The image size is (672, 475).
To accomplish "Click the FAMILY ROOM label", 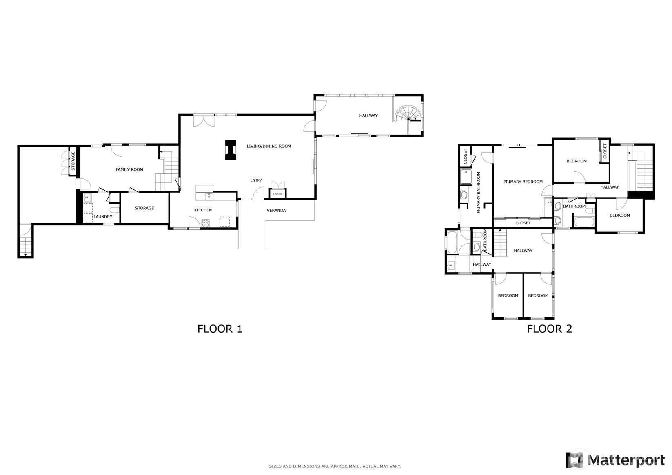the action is pyautogui.click(x=129, y=169).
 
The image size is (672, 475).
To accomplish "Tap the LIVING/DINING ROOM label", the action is pyautogui.click(x=269, y=146).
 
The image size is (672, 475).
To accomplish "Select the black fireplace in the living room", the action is pyautogui.click(x=231, y=150).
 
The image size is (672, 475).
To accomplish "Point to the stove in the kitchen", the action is pyautogui.click(x=206, y=223).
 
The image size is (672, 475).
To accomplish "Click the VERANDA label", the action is pyautogui.click(x=276, y=211).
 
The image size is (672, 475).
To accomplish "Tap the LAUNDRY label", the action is pyautogui.click(x=102, y=217).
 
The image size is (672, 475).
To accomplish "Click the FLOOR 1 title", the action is pyautogui.click(x=220, y=329).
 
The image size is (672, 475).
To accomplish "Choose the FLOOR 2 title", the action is pyautogui.click(x=549, y=329).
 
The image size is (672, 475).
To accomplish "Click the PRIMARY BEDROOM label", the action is pyautogui.click(x=523, y=182).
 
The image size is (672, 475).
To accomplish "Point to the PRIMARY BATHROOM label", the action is pyautogui.click(x=478, y=192).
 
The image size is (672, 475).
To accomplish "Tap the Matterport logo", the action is pyautogui.click(x=615, y=460).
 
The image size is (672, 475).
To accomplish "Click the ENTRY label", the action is pyautogui.click(x=256, y=180).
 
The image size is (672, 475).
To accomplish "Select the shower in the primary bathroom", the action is pyautogui.click(x=466, y=176).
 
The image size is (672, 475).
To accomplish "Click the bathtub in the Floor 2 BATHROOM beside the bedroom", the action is pyautogui.click(x=584, y=222).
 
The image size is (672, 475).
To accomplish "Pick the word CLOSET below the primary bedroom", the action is pyautogui.click(x=523, y=223).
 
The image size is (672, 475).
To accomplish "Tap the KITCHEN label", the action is pyautogui.click(x=203, y=210).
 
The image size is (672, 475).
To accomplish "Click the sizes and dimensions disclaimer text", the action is pyautogui.click(x=335, y=466).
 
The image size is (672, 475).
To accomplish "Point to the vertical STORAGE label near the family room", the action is pyautogui.click(x=73, y=161).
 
